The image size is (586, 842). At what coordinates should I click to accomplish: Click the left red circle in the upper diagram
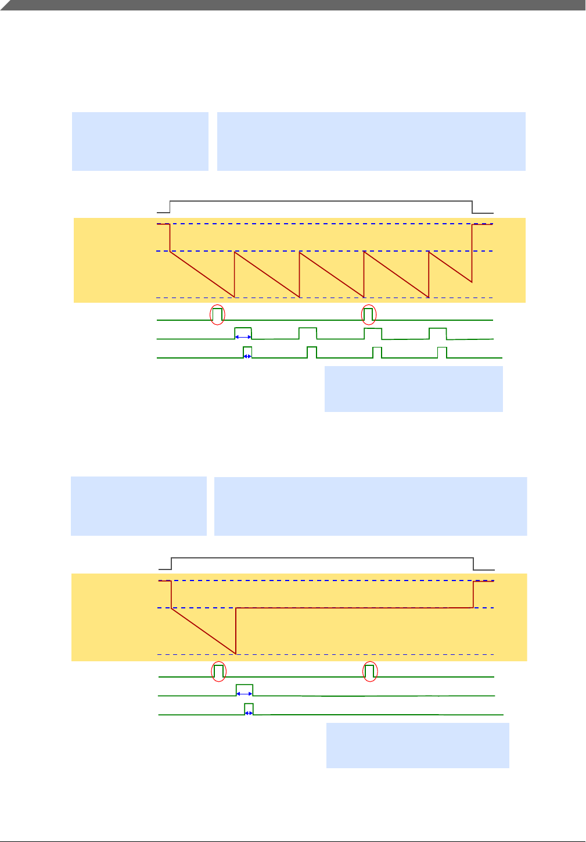click(x=217, y=314)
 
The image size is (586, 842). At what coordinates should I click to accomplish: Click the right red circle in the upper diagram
click(x=369, y=314)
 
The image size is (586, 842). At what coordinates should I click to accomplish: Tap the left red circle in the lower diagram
click(x=219, y=671)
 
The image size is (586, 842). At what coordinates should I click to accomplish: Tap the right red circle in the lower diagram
click(x=370, y=671)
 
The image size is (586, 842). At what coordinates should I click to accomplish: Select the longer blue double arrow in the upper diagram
click(x=243, y=336)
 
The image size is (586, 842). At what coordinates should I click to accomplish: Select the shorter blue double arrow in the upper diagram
click(x=247, y=356)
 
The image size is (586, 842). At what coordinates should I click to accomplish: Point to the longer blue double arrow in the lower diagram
click(x=245, y=693)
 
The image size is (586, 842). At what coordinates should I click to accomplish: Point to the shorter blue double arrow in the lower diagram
click(x=249, y=712)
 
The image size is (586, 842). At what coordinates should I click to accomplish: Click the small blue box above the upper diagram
click(x=140, y=141)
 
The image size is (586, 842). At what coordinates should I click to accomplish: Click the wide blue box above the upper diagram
click(x=371, y=141)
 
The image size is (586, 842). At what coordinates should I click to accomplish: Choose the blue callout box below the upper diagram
click(x=414, y=389)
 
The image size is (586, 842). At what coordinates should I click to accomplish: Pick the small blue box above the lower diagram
click(x=139, y=506)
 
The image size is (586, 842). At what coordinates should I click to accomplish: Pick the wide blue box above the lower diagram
click(x=371, y=506)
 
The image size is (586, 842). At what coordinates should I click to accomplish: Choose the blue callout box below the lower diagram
click(x=418, y=745)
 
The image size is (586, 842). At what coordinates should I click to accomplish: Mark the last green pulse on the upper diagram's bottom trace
click(x=442, y=352)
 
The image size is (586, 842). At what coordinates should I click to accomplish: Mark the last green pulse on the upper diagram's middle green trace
click(x=438, y=333)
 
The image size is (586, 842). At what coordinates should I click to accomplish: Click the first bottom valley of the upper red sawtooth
click(x=234, y=297)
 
